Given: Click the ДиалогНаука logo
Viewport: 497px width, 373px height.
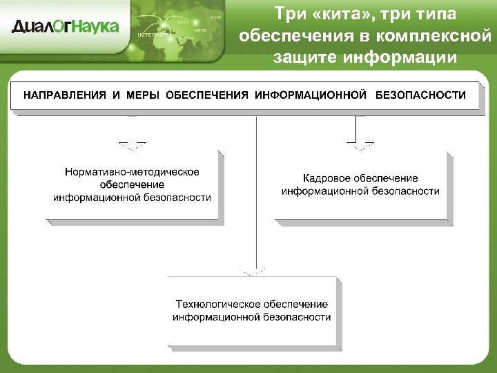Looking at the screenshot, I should click(66, 27).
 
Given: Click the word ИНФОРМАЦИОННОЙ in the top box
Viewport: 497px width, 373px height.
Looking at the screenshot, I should click(311, 95).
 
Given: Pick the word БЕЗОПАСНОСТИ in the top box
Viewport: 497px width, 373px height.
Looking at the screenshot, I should click(420, 95).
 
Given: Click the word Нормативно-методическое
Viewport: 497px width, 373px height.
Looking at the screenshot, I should click(132, 171).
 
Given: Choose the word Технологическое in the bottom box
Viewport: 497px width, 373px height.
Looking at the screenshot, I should click(217, 304).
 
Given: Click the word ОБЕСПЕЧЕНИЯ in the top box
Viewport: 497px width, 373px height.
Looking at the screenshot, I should click(207, 95).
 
